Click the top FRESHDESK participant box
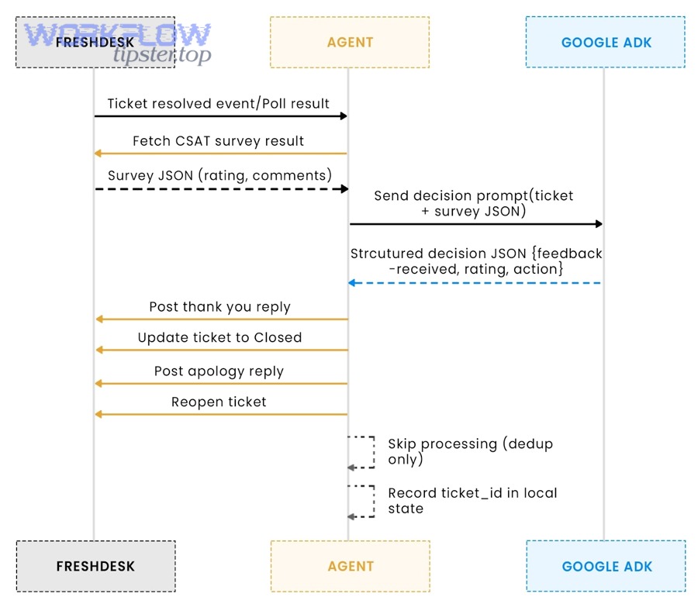pos(95,42)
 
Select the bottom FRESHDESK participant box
pos(95,566)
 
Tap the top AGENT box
pos(350,42)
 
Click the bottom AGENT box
pos(350,566)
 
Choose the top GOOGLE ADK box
pos(606,42)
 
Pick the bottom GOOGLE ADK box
pos(606,566)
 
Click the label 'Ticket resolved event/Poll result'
pos(218,103)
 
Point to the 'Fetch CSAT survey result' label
pos(218,141)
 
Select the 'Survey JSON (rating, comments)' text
pos(219,175)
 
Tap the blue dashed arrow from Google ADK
pos(475,283)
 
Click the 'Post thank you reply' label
pos(219,307)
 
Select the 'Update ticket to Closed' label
pos(219,338)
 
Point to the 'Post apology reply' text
pos(219,371)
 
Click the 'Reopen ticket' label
pos(219,402)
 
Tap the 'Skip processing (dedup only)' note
pos(470,451)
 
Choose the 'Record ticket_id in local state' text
pos(472,500)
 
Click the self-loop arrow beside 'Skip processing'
pos(362,452)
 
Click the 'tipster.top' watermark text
pos(161,55)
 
